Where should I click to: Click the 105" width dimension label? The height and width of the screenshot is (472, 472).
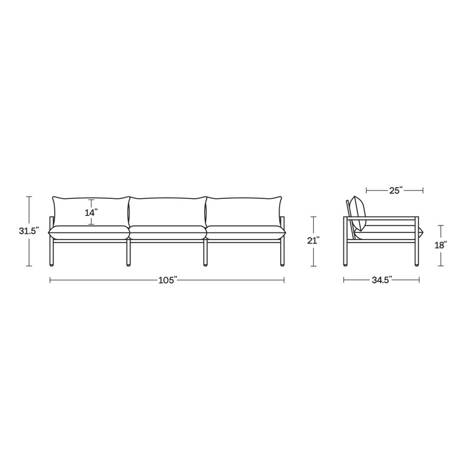click(x=168, y=280)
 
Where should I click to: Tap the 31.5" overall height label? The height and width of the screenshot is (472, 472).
click(x=29, y=231)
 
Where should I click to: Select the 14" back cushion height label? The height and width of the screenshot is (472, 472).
click(x=91, y=213)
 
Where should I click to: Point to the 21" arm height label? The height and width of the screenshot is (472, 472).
click(x=313, y=241)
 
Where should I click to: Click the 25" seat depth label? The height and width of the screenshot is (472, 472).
click(x=395, y=191)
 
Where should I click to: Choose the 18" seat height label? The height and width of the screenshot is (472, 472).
click(x=441, y=245)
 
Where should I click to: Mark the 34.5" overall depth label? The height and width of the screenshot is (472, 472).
click(x=382, y=280)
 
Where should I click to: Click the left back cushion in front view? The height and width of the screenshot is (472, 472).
click(x=91, y=211)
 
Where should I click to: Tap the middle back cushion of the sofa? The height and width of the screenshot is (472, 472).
click(x=168, y=212)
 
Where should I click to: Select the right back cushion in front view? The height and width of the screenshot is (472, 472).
click(x=244, y=211)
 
